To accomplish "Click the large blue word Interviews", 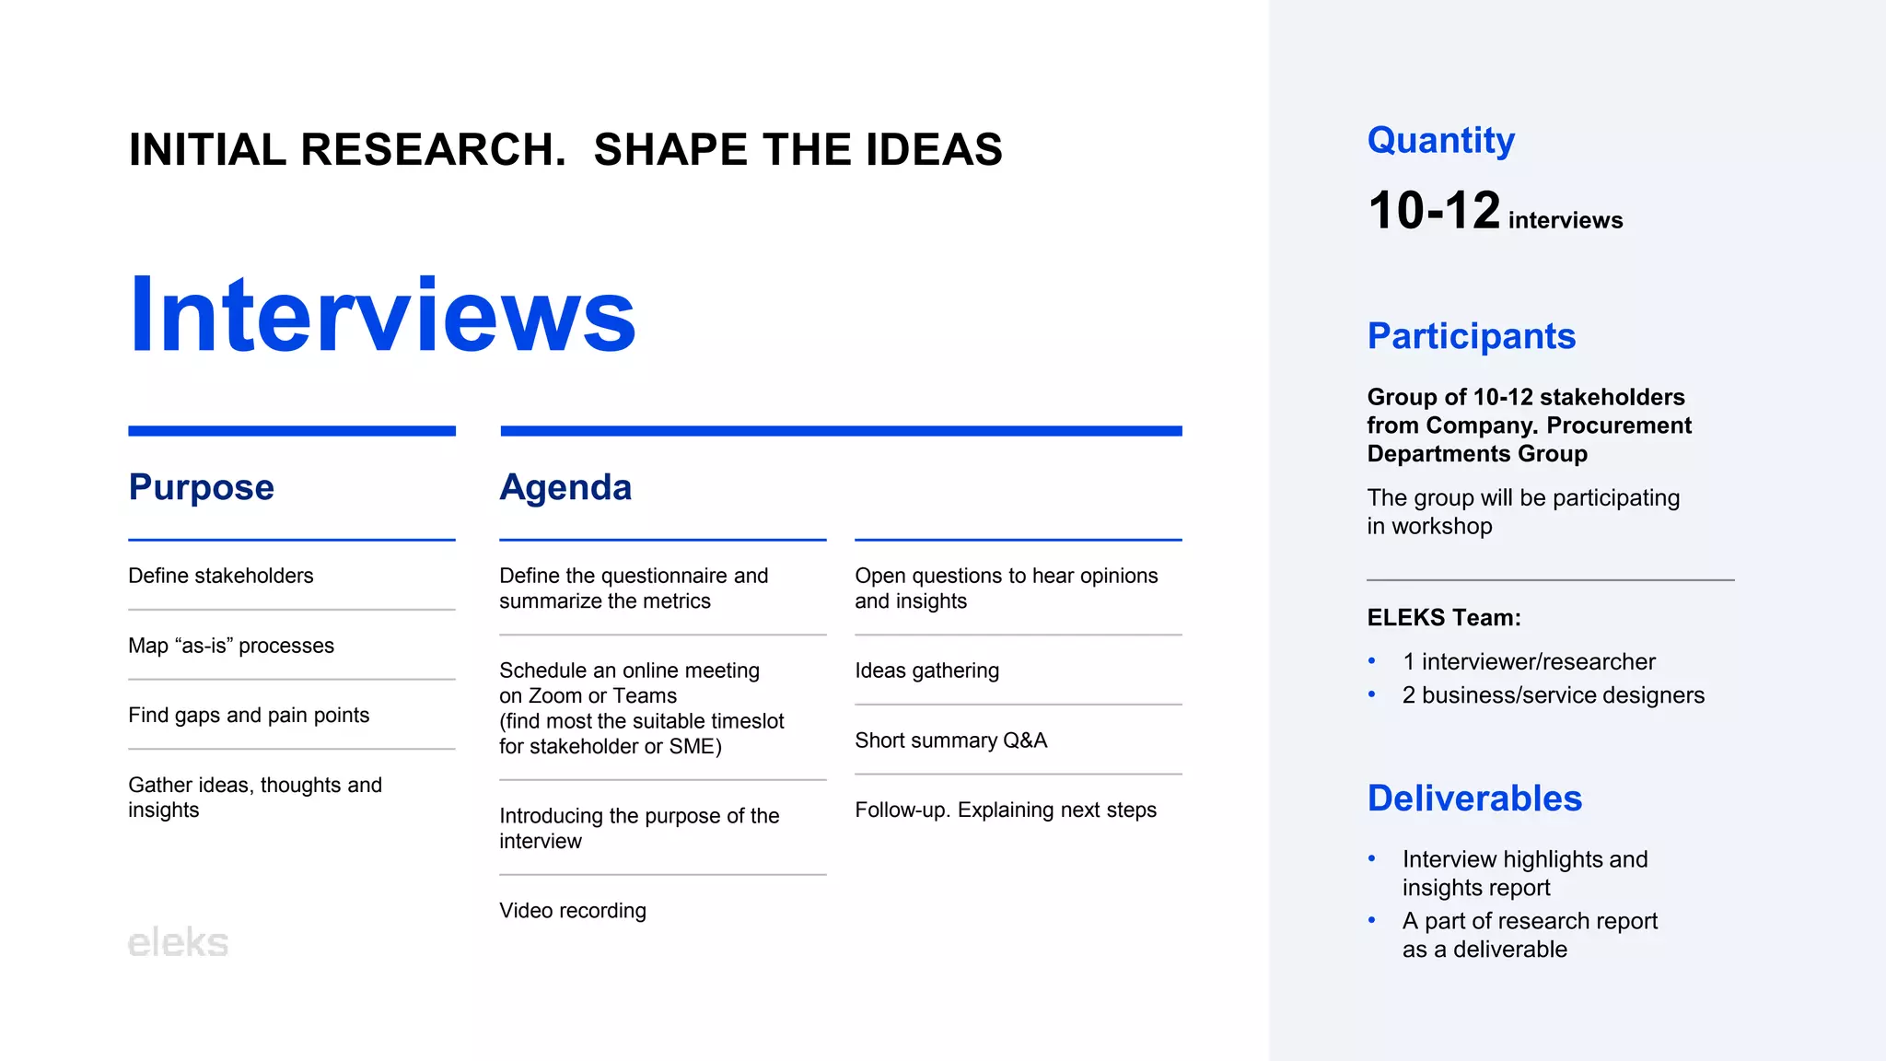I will pos(382,315).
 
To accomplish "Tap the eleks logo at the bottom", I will pos(178,943).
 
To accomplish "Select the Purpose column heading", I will pos(201,487).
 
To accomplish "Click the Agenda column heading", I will pos(565,487).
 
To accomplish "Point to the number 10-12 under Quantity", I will pos(1434,211).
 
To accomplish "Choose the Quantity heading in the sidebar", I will pos(1440,140).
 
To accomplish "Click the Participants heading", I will pos(1471,336).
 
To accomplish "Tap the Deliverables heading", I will pos(1474,799).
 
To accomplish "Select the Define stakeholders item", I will pos(221,576).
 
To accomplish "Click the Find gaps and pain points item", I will pos(249,716).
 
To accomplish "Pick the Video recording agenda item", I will pos(573,911).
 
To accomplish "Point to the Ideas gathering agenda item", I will pos(926,670).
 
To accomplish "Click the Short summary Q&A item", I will pos(950,740).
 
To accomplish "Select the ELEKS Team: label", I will pos(1443,618).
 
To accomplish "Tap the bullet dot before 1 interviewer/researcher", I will pos(1372,661).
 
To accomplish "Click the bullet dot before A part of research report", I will pos(1372,920).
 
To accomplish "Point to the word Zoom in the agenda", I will pos(555,696).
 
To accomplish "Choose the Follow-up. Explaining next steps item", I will pos(1006,810).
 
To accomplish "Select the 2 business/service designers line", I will pos(1553,695).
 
